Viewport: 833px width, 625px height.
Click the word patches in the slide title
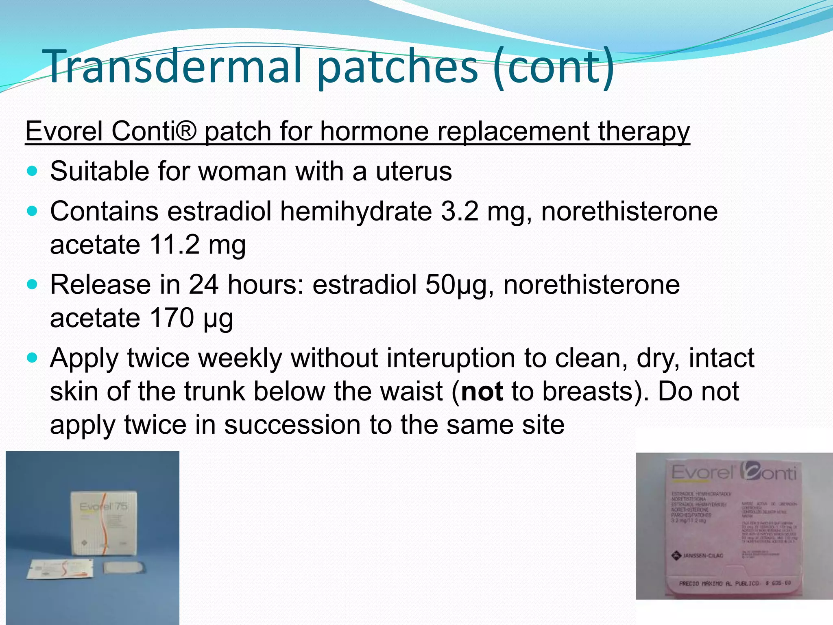tap(397, 66)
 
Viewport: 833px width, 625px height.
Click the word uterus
tap(413, 171)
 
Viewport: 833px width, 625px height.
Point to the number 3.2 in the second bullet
tap(460, 212)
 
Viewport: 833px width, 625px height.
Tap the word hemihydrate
tap(356, 212)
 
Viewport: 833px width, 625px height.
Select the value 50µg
tap(456, 285)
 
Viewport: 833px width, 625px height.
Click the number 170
tap(172, 318)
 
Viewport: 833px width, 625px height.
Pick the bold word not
tap(482, 391)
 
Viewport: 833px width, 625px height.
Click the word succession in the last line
tap(292, 425)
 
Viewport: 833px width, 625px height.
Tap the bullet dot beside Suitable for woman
tap(32, 171)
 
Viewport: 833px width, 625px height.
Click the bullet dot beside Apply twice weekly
tap(32, 358)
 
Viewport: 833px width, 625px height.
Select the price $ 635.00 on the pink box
tap(778, 583)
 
